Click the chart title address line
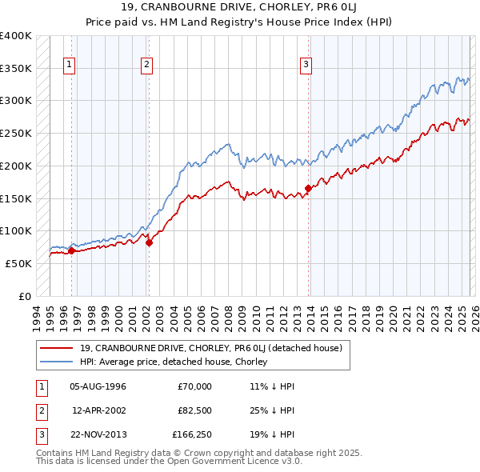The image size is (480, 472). (240, 9)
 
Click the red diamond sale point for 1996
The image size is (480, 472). (71, 250)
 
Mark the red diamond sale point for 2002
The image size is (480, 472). (149, 242)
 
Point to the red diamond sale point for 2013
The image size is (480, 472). (308, 189)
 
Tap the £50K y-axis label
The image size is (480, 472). (18, 263)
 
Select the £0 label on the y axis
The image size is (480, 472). (25, 296)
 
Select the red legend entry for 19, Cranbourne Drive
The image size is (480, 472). (210, 348)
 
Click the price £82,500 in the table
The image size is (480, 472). (194, 410)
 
